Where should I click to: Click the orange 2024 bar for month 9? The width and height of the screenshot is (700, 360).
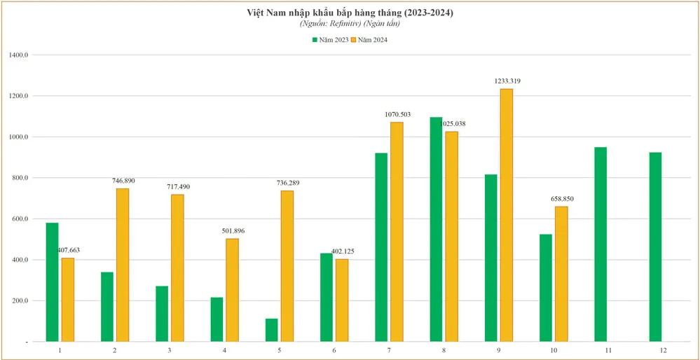tap(506, 215)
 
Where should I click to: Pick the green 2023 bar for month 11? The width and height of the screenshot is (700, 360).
tap(601, 244)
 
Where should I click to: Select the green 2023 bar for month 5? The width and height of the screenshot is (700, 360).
tap(272, 330)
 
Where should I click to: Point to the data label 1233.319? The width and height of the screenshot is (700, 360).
tap(507, 81)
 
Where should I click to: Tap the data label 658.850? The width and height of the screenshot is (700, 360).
tap(562, 199)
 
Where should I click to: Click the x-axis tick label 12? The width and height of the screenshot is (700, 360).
tap(663, 349)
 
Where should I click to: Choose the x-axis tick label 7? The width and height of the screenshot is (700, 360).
tap(389, 349)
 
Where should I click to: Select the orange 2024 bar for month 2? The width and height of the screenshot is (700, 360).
tap(123, 265)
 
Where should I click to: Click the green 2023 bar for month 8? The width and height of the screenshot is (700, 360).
tap(436, 229)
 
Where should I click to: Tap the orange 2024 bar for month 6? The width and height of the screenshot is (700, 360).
tap(342, 300)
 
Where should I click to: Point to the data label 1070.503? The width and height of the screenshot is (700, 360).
tap(398, 114)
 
